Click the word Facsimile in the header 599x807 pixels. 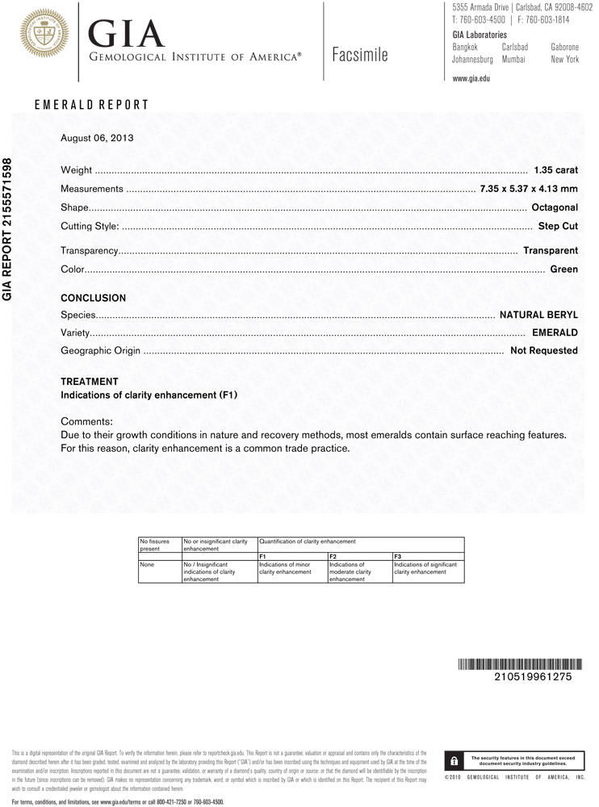point(359,55)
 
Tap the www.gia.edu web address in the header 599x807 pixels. point(471,78)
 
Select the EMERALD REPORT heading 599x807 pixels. point(91,105)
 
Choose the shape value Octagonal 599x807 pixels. point(555,207)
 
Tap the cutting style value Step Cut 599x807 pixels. point(558,226)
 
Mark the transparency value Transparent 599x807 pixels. point(551,251)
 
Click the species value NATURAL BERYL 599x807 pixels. point(538,314)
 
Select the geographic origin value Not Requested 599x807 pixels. point(544,350)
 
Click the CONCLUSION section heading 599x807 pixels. point(94,298)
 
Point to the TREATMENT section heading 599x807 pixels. point(90,382)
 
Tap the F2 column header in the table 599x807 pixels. point(333,557)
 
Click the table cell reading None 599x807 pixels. point(146,565)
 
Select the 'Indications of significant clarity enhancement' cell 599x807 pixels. point(426,568)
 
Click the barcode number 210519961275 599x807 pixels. point(533,677)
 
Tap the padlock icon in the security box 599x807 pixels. point(454,760)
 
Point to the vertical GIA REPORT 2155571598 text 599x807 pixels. point(8,229)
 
